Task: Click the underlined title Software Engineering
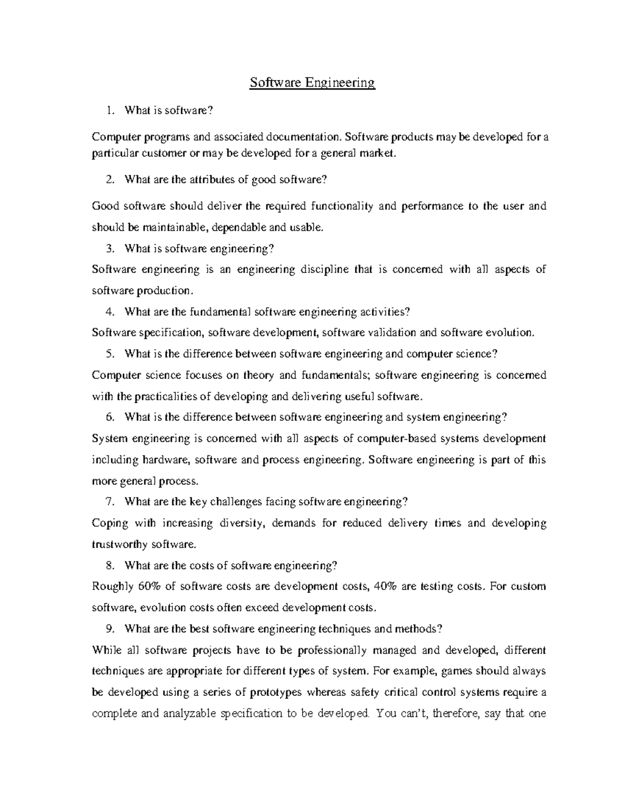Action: point(312,83)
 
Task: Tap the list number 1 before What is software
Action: point(108,110)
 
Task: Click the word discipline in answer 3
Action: point(321,269)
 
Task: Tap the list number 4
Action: point(108,312)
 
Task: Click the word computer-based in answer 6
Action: point(397,439)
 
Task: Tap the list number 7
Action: point(108,502)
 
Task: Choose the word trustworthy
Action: point(120,544)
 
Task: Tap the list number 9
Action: point(108,629)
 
